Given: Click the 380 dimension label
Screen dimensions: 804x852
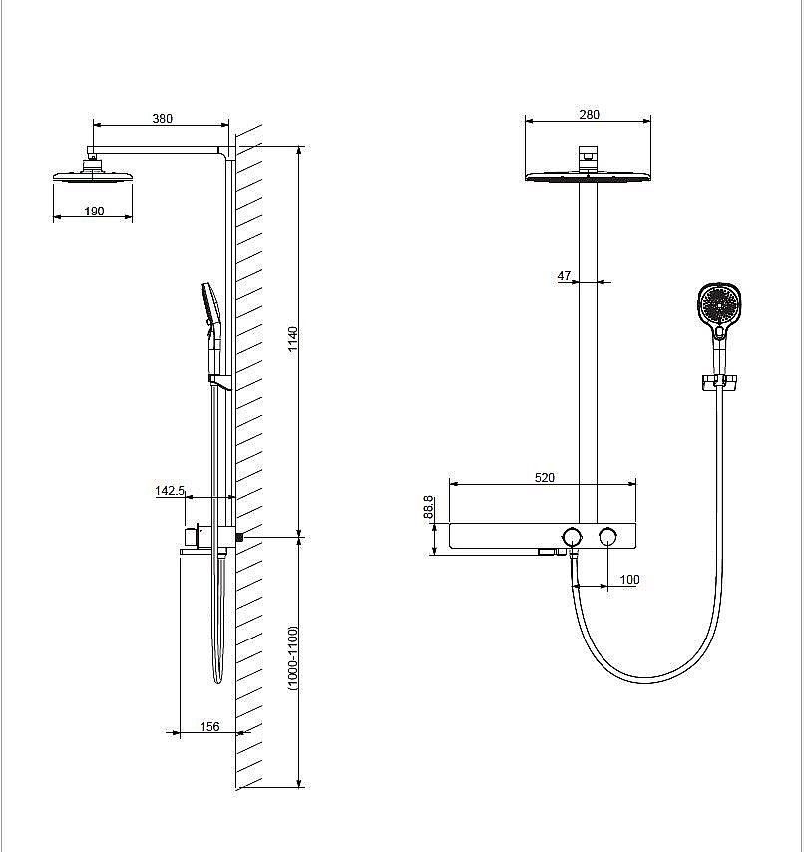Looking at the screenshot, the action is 162,119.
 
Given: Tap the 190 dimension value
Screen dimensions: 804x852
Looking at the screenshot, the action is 94,211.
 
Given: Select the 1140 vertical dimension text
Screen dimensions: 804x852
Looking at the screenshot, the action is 293,339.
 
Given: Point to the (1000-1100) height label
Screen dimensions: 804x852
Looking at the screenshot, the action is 293,657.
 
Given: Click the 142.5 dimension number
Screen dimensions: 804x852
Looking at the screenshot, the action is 170,491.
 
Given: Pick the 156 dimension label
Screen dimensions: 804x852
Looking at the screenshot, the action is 209,726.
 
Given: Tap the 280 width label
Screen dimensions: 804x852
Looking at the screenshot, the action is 589,114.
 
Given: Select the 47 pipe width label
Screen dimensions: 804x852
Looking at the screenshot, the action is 564,276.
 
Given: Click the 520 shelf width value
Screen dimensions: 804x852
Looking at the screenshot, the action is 545,477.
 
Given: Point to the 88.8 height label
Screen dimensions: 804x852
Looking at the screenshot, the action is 428,507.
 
